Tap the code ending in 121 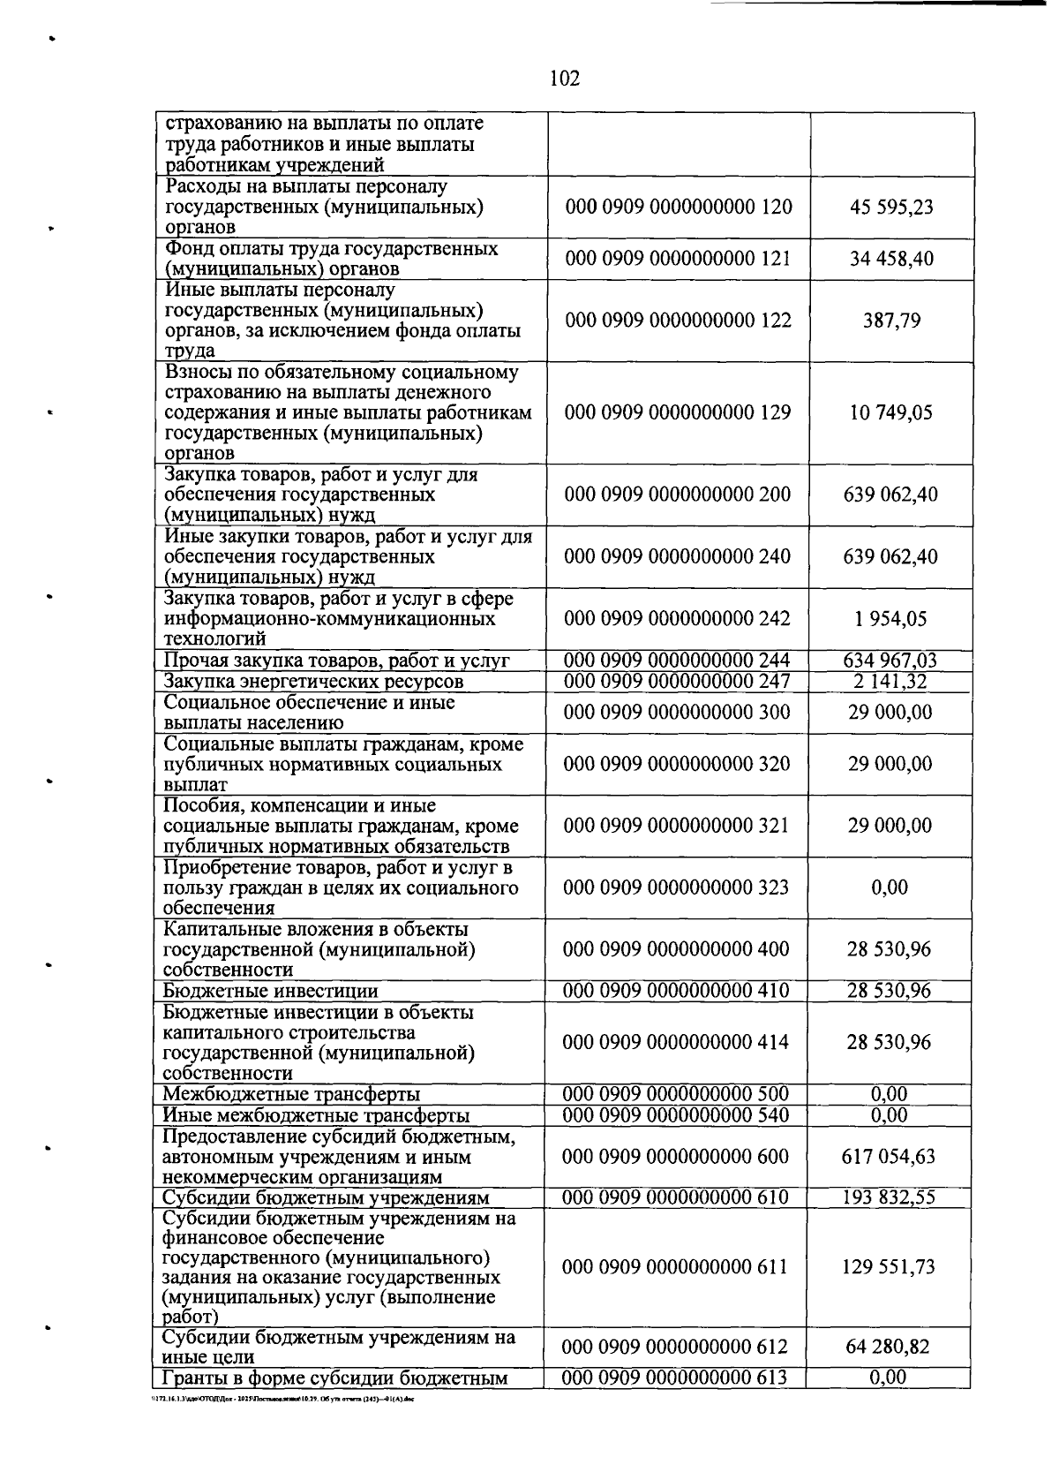click(678, 259)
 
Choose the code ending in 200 click(678, 495)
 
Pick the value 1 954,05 click(890, 619)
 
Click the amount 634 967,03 click(890, 661)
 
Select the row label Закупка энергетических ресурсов click(313, 682)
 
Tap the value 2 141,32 click(890, 681)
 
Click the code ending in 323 click(676, 887)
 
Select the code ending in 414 click(676, 1042)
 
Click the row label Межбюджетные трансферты click(291, 1095)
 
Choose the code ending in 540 click(676, 1115)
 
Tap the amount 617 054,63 click(889, 1157)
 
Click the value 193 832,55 click(889, 1197)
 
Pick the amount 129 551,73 click(889, 1267)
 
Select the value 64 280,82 click(889, 1348)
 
